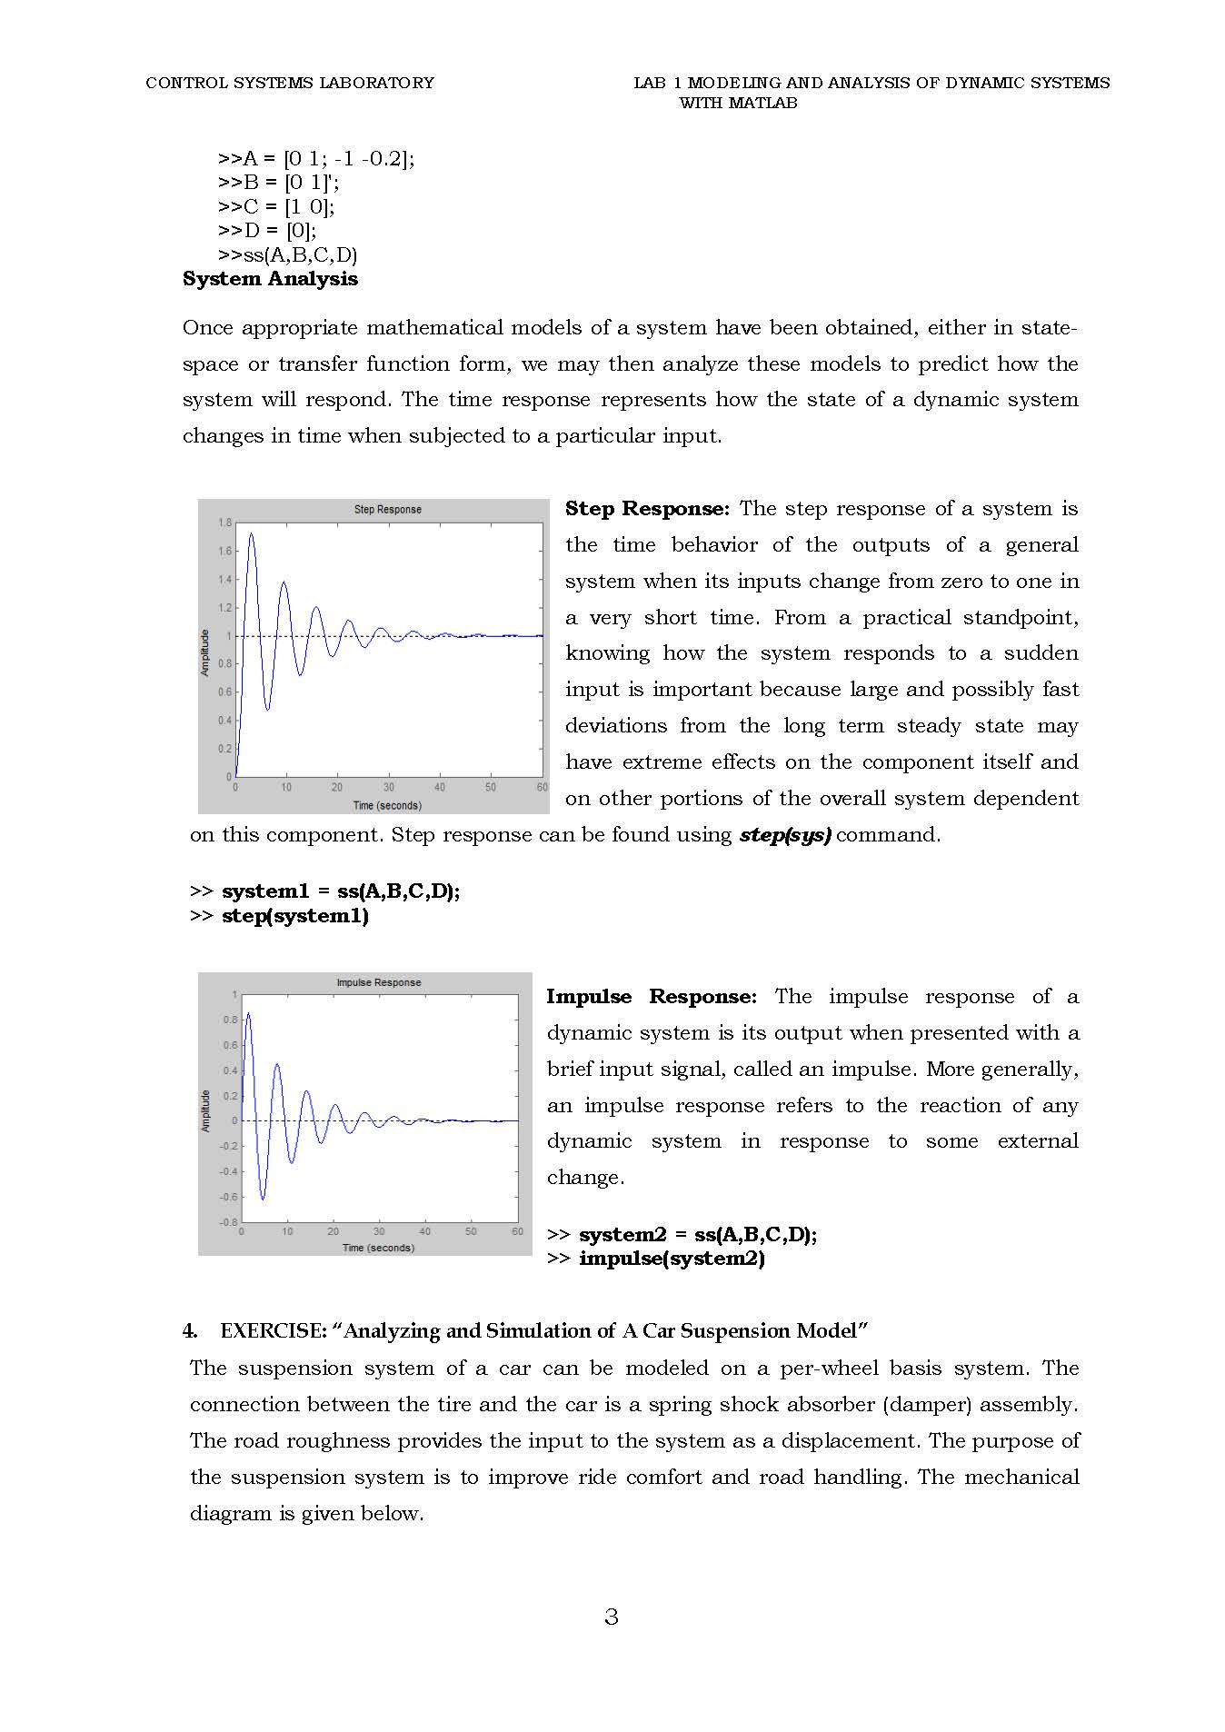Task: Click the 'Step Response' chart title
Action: click(x=387, y=510)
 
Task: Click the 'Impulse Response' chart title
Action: click(x=379, y=982)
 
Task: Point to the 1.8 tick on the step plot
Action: click(x=224, y=523)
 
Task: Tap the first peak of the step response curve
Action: click(x=252, y=534)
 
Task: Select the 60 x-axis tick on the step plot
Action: click(x=542, y=788)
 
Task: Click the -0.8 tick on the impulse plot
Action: click(x=230, y=1222)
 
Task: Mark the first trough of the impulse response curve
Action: click(x=263, y=1199)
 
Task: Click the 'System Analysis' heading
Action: click(x=270, y=279)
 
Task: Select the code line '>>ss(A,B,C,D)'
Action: click(x=288, y=254)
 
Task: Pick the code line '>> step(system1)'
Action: click(x=279, y=916)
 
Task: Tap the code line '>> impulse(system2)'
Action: click(x=656, y=1259)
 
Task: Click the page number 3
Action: click(x=612, y=1617)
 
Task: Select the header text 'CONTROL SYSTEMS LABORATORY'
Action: click(x=290, y=83)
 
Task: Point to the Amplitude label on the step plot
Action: click(x=205, y=652)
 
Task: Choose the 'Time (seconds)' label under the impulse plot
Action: click(x=378, y=1248)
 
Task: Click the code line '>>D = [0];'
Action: click(x=267, y=231)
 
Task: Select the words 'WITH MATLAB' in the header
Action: click(x=738, y=104)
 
